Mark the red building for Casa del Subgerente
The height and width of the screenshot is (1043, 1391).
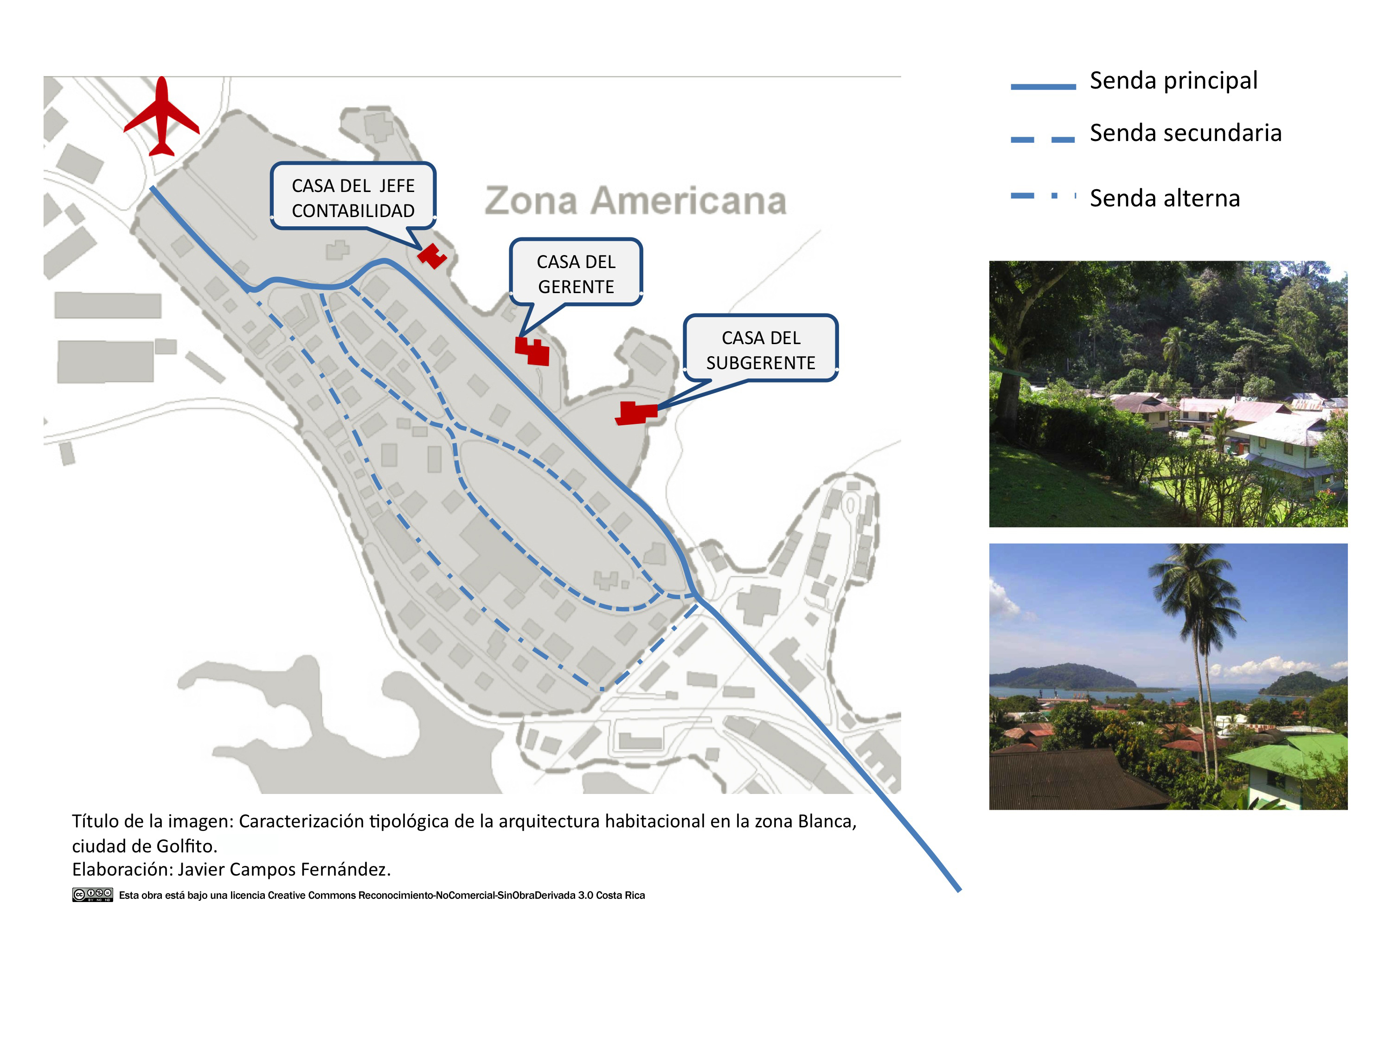636,413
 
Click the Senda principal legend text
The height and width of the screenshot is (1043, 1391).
1173,81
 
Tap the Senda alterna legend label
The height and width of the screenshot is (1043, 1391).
1164,198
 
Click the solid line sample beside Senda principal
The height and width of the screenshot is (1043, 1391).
1043,87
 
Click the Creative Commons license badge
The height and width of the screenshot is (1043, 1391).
92,895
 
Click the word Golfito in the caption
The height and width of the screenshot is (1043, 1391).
185,846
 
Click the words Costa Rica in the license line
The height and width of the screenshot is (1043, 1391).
620,895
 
